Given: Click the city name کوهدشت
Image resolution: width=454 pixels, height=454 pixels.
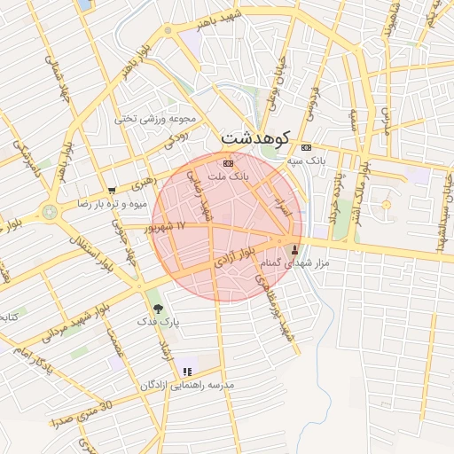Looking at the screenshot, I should [x=254, y=138].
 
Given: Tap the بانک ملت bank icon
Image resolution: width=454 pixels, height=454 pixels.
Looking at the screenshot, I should [x=228, y=164].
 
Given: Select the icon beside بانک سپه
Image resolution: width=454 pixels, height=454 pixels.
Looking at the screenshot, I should [x=307, y=147].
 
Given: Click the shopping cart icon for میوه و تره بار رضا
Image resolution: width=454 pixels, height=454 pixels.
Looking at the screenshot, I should [x=111, y=190].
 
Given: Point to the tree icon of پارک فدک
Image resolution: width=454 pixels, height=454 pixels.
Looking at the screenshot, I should [x=158, y=309].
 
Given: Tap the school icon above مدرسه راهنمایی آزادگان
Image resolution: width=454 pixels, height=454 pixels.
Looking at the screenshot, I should [x=186, y=372].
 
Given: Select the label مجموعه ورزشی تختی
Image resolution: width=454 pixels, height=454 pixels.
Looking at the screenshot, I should [x=156, y=118].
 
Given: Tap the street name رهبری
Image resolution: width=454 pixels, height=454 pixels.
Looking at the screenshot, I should [x=143, y=184].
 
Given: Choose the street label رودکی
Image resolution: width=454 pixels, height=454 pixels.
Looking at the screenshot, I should [x=176, y=137].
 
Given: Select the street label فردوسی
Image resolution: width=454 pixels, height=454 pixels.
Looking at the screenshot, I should [x=311, y=98].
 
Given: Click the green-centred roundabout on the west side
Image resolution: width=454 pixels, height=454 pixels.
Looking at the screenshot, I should [x=48, y=211].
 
